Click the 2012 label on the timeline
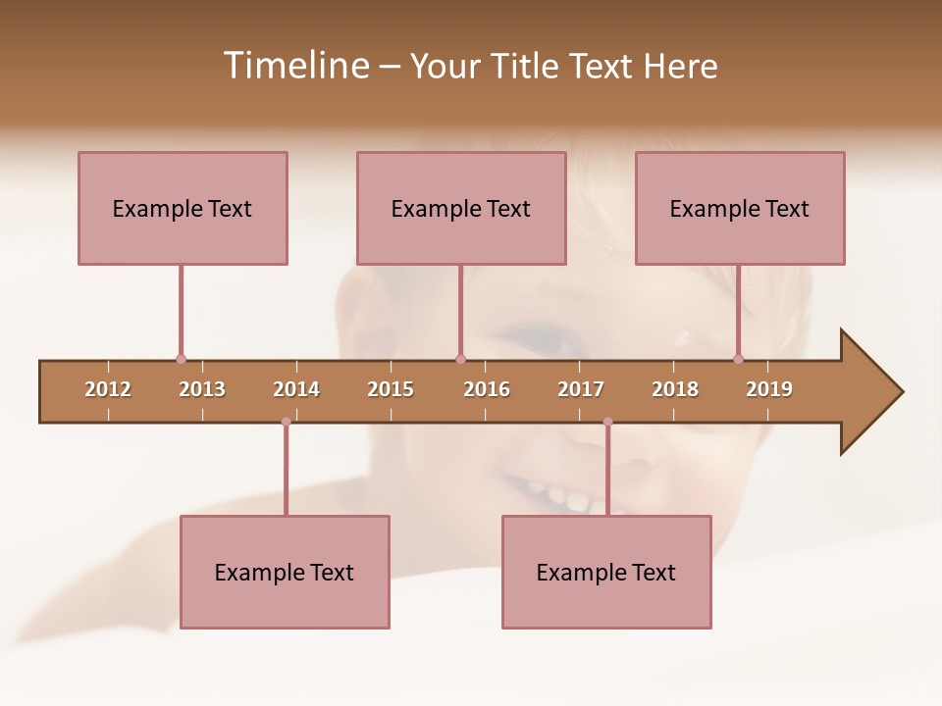(x=108, y=389)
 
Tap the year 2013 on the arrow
(x=202, y=389)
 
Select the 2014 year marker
(x=296, y=389)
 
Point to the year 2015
(x=391, y=389)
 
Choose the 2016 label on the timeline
(x=487, y=389)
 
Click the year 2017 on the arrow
(x=581, y=389)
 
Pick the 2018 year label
(x=675, y=389)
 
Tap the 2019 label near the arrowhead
(x=769, y=389)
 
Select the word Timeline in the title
(x=294, y=66)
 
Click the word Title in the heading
(x=528, y=66)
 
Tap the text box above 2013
(x=183, y=208)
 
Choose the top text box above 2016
(x=461, y=208)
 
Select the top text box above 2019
(x=740, y=208)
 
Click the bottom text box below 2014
(x=285, y=572)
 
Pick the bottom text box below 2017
(x=606, y=572)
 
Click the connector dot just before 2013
(x=181, y=359)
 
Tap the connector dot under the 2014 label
(x=286, y=422)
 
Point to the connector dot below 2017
(x=607, y=422)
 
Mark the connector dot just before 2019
(x=738, y=359)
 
